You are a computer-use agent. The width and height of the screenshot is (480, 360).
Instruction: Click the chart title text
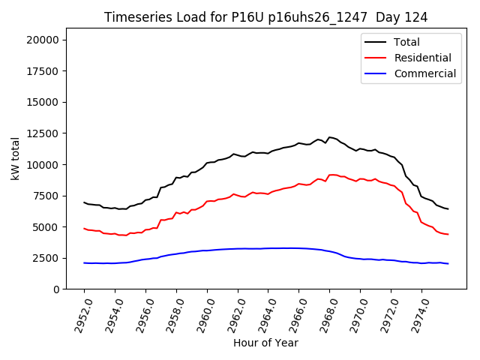point(265,17)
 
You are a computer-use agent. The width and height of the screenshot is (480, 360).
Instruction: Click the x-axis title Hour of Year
point(265,343)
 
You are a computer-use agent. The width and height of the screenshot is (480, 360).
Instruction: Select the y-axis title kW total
point(14,158)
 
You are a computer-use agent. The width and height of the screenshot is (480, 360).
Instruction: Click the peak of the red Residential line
point(333,175)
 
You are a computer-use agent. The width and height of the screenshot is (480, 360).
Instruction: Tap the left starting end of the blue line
point(84,263)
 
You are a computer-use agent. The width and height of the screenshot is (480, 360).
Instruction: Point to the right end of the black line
point(448,208)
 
